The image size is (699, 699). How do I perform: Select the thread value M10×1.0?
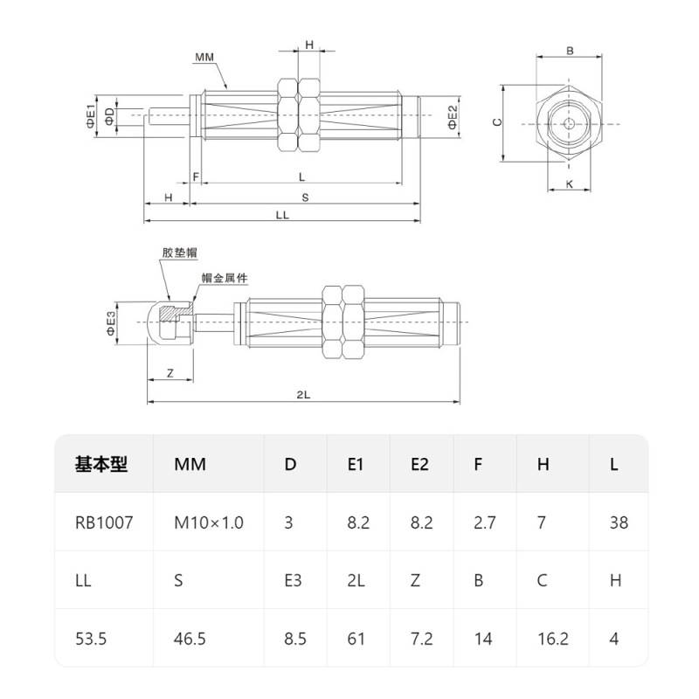pos(208,523)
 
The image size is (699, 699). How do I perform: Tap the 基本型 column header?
pos(101,464)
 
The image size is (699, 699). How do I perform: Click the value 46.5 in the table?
pos(190,639)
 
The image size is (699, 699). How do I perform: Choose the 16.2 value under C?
pos(553,639)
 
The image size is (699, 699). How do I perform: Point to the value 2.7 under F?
pos(485,523)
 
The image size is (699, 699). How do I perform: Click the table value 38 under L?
pos(618,523)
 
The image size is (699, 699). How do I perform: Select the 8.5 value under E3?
pos(295,639)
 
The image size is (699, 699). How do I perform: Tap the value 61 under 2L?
pos(356,639)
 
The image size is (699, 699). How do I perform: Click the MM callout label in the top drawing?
pos(205,57)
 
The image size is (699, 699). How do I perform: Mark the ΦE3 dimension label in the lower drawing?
pos(111,322)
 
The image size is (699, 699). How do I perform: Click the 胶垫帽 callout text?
pos(179,253)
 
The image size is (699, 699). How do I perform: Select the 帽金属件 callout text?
pos(225,278)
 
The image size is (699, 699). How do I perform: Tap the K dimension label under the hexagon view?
pos(570,184)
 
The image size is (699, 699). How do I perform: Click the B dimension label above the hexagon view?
pos(570,51)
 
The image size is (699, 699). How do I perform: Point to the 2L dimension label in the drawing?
pos(303,395)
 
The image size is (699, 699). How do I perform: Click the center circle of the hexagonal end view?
pos(570,123)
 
